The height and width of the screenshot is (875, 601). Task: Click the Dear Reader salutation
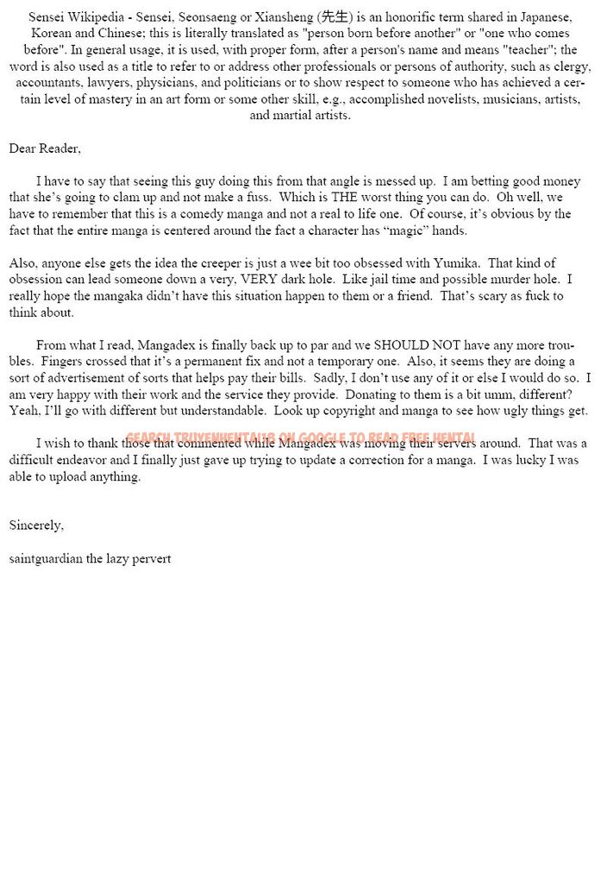click(45, 148)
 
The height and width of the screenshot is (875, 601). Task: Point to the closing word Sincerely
click(36, 525)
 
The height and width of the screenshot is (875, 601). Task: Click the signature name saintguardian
click(46, 558)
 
